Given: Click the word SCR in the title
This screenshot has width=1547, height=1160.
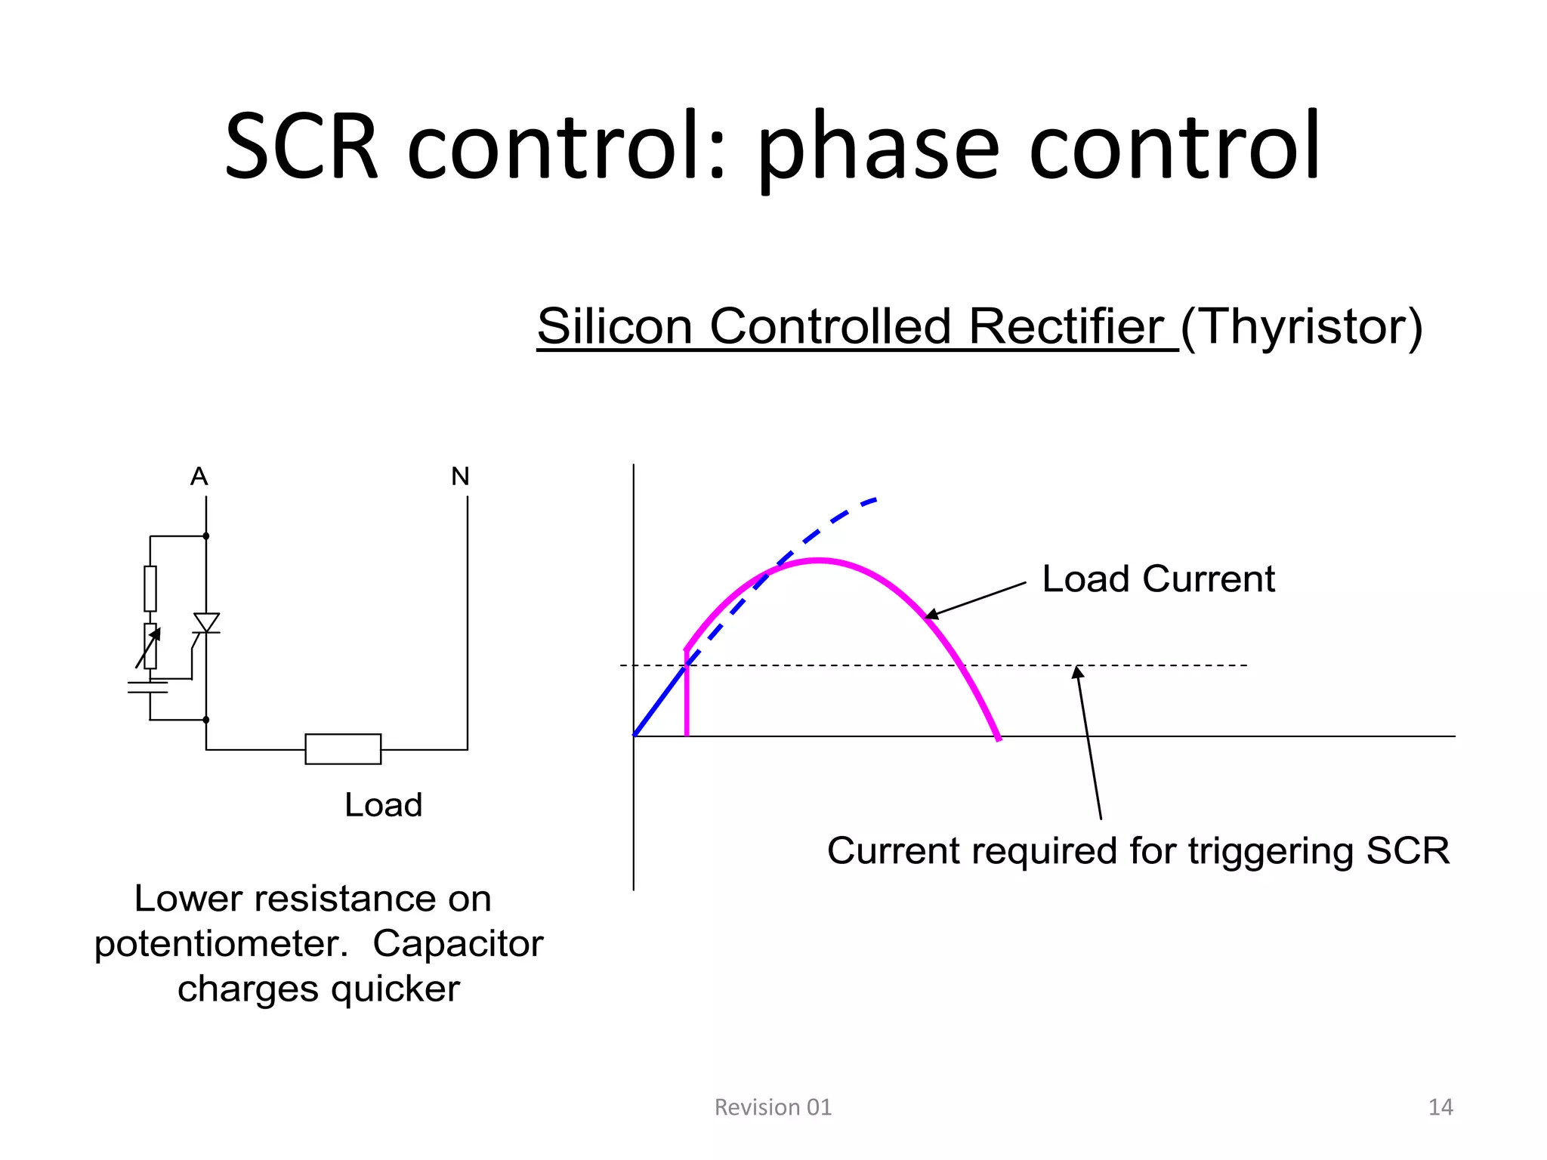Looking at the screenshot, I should [x=301, y=147].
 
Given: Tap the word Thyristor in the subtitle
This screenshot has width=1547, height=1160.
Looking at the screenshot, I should [x=1301, y=327].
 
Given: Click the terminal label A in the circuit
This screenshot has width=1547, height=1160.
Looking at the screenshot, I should [x=199, y=477].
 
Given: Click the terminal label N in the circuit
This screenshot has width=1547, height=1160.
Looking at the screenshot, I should [x=460, y=477].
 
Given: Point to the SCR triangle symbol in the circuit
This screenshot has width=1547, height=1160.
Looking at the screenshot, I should [x=206, y=622].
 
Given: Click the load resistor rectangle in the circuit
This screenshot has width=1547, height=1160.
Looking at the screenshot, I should [x=343, y=749].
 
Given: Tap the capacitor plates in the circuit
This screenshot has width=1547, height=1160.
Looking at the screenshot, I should [x=148, y=687].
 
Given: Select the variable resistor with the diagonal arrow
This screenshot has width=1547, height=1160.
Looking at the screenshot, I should [x=150, y=646].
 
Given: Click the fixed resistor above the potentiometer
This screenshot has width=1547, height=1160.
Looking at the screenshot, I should [x=150, y=588].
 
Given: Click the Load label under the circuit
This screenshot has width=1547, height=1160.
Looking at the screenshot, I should [x=383, y=805].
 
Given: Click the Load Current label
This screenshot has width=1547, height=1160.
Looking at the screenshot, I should [x=1158, y=579].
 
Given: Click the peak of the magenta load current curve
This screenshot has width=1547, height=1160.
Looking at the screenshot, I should [x=819, y=560].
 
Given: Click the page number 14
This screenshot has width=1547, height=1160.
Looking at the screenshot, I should [x=1440, y=1107].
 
